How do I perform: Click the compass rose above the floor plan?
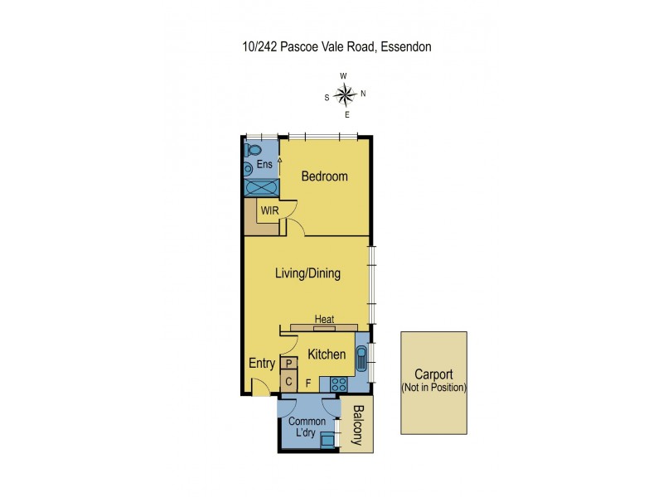(345, 94)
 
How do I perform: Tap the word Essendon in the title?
(406, 47)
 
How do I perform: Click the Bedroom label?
(324, 176)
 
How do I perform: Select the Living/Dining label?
(307, 273)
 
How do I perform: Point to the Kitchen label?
(327, 355)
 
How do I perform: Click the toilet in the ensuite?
(254, 150)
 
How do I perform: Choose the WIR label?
(269, 210)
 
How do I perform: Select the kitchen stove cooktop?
(339, 384)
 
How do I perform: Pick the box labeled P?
(288, 364)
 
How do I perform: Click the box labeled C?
(288, 382)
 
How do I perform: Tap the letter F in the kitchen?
(308, 384)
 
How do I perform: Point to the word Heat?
(324, 319)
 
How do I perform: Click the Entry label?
(262, 364)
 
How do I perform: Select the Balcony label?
(359, 426)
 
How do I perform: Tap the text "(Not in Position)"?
(434, 388)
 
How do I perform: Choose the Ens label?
(264, 164)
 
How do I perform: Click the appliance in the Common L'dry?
(328, 440)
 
